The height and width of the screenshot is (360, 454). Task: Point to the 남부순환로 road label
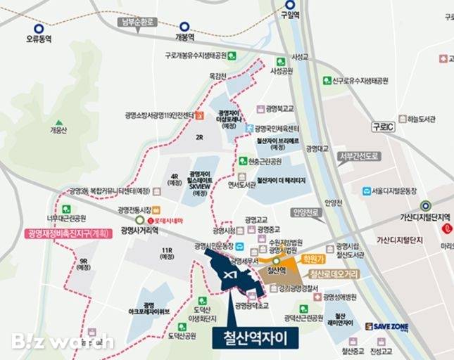click(x=137, y=22)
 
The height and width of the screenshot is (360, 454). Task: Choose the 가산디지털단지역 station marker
click(x=425, y=206)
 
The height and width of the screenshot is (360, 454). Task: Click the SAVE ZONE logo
click(x=387, y=326)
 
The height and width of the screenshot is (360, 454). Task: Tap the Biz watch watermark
click(x=62, y=342)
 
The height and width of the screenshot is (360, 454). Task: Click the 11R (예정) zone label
click(x=166, y=254)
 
